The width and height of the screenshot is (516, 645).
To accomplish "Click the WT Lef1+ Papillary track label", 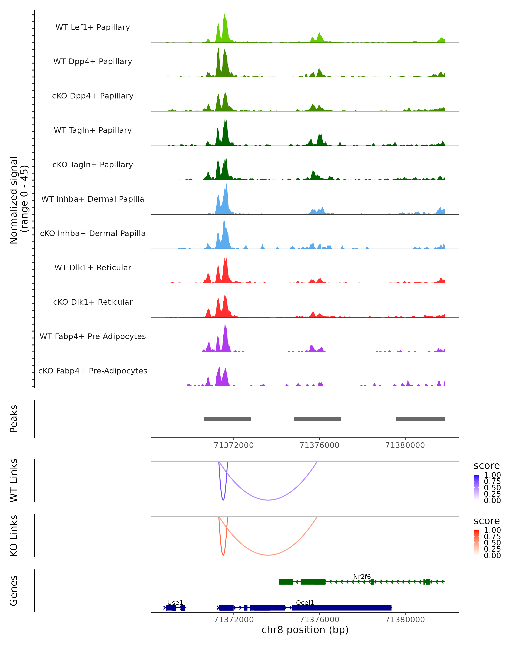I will point(93,27).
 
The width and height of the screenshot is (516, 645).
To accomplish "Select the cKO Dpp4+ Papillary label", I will point(93,96).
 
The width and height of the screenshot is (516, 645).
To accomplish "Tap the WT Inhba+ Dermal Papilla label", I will point(93,199).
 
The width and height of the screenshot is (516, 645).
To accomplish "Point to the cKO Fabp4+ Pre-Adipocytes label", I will point(93,371).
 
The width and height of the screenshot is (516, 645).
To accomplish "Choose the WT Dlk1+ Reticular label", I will point(93,268).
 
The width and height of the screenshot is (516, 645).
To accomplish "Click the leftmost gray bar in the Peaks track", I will point(227,419).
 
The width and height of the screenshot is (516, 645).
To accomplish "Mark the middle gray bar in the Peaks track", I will point(317,419).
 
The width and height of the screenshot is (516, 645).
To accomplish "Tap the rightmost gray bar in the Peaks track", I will point(420,419).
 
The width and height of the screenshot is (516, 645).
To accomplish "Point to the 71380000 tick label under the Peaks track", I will point(405,445).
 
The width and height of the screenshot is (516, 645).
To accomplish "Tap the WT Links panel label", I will point(14,481).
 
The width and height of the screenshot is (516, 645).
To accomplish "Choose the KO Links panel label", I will point(14,536).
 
